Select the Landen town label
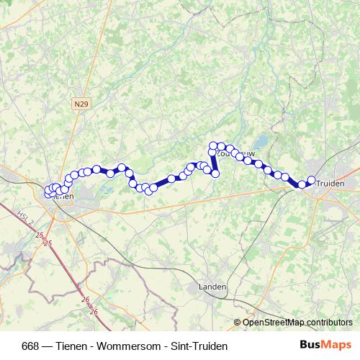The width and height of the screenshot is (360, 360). point(212,287)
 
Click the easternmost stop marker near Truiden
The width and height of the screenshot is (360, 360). point(312,180)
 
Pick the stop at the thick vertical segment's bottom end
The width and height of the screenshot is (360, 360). point(215,174)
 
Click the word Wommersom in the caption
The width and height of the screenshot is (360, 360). point(116,346)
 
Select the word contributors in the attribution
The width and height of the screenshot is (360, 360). point(328,322)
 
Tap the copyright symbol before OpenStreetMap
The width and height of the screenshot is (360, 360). point(238,322)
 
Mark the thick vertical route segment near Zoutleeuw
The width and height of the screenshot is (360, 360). point(214,161)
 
